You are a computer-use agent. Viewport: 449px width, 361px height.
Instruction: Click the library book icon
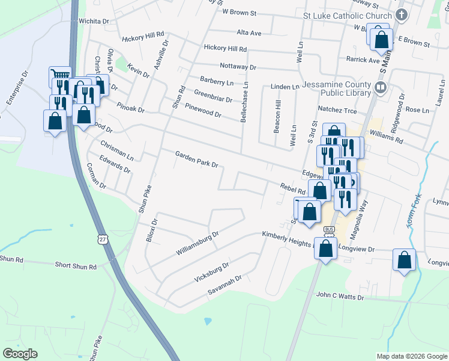click(379, 88)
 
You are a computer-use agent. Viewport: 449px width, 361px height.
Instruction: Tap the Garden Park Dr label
click(196, 159)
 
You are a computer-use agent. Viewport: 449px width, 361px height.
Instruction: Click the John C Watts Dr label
click(340, 297)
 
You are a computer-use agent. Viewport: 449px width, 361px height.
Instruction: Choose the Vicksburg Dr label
click(212, 273)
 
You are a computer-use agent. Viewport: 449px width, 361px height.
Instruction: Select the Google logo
click(20, 354)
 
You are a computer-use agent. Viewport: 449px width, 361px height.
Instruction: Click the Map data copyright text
click(412, 356)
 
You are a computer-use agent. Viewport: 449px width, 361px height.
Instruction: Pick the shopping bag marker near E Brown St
click(381, 40)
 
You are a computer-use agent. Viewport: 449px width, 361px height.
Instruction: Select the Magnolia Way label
click(362, 215)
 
